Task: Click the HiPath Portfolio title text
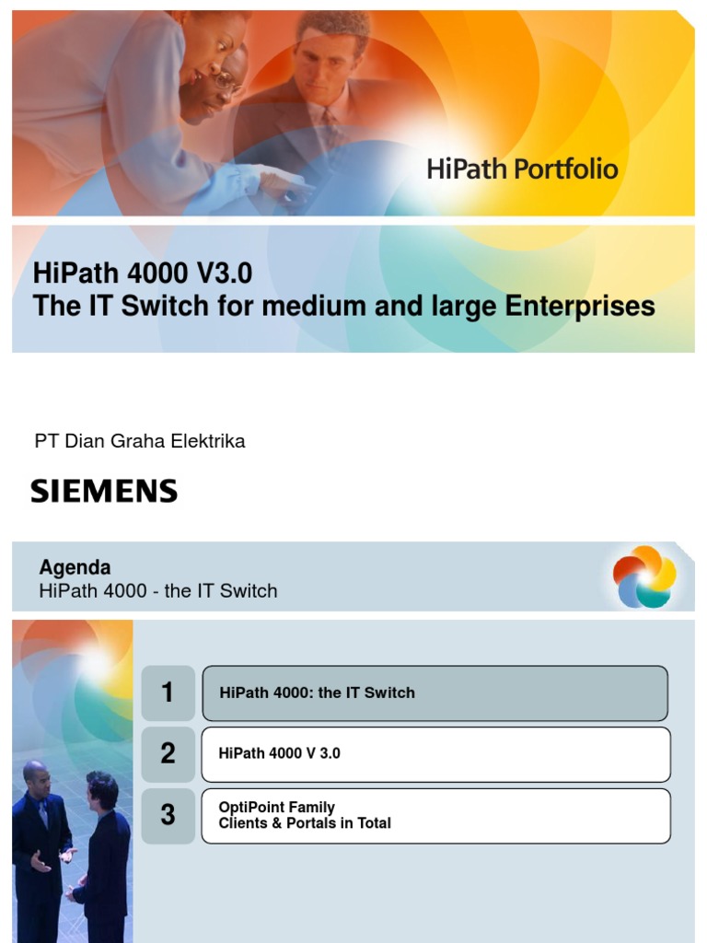point(522,169)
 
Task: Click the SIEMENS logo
point(104,491)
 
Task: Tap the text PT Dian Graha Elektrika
point(140,441)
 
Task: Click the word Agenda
point(75,567)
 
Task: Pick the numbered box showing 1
point(168,693)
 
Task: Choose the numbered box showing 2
point(168,753)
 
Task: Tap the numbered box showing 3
point(168,814)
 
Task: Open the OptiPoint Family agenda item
point(277,808)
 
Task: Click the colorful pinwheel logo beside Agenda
point(644,576)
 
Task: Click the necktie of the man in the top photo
point(329,128)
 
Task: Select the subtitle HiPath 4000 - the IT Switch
point(158,591)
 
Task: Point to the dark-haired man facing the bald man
point(103,852)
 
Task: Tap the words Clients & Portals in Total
point(305,823)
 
